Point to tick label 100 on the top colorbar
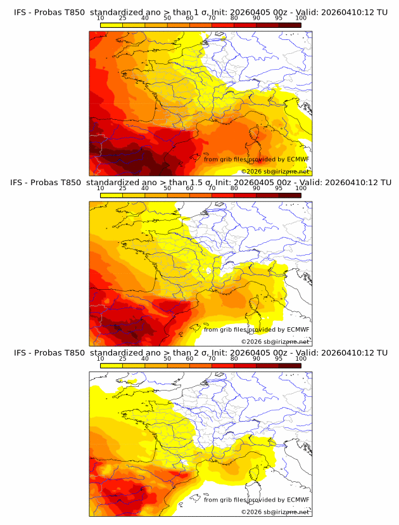point(301,18)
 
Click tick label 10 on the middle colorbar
point(100,188)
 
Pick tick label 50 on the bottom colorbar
point(167,359)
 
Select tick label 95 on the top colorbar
point(279,18)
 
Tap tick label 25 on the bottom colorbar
point(122,359)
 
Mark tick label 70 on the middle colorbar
point(212,188)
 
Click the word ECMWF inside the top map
point(298,159)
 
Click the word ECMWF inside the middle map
point(298,329)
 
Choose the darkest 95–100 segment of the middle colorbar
point(290,195)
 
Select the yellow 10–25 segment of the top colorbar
point(111,25)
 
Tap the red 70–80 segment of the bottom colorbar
point(223,366)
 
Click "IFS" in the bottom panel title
point(20,353)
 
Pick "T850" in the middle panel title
point(73,182)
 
